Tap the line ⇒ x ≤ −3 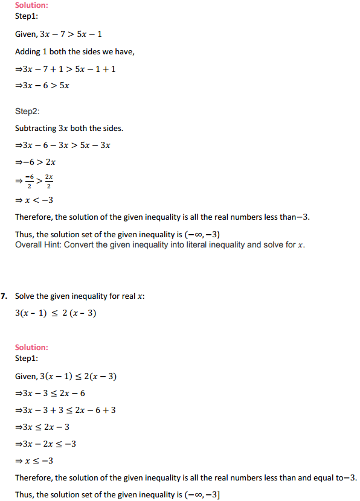(37, 461)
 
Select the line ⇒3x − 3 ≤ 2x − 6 (54, 393)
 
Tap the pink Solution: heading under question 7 (31, 347)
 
